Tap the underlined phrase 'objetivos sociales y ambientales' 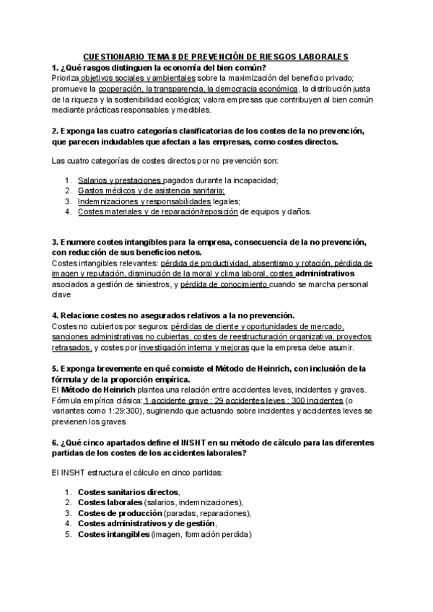pos(138,77)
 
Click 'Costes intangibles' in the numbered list pos(113,535)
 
